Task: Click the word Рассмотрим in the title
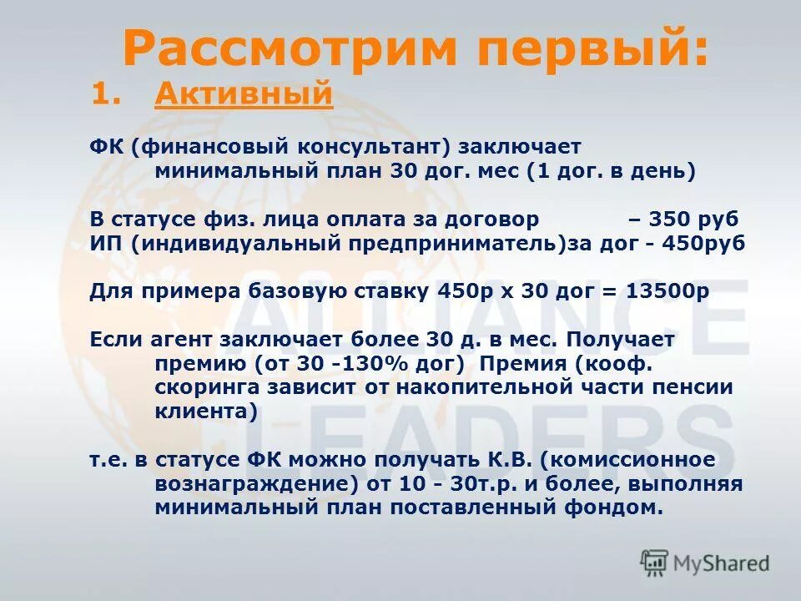[x=291, y=48]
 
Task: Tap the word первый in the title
[x=584, y=48]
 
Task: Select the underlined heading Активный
[x=244, y=95]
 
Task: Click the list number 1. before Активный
[x=112, y=95]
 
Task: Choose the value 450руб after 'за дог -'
[x=702, y=244]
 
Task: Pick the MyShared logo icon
[x=655, y=563]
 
